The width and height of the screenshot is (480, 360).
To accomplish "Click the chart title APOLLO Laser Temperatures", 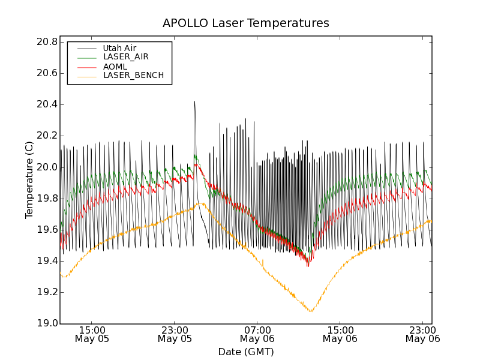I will click(245, 23).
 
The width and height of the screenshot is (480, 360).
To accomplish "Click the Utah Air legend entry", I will click(119, 48).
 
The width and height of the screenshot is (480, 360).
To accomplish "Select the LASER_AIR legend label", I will click(125, 57).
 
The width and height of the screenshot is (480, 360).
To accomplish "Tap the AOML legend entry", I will click(115, 67).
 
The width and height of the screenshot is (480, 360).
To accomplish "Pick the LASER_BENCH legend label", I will click(133, 76).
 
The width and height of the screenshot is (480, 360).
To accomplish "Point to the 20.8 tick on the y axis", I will click(46, 42).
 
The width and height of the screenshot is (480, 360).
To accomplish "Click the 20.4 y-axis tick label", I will click(46, 104).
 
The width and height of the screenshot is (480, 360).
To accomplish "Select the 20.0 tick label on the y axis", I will click(46, 167).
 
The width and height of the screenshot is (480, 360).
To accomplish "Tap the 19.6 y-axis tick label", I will click(46, 230).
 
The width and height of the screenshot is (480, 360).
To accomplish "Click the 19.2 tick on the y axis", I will click(46, 292).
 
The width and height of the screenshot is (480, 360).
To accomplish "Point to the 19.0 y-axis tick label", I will click(46, 323).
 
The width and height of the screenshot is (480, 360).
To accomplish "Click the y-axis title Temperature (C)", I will click(29, 179).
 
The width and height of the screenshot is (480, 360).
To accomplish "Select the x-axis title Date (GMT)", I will click(245, 352).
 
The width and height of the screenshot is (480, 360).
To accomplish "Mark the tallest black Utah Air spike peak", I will click(194, 101).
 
